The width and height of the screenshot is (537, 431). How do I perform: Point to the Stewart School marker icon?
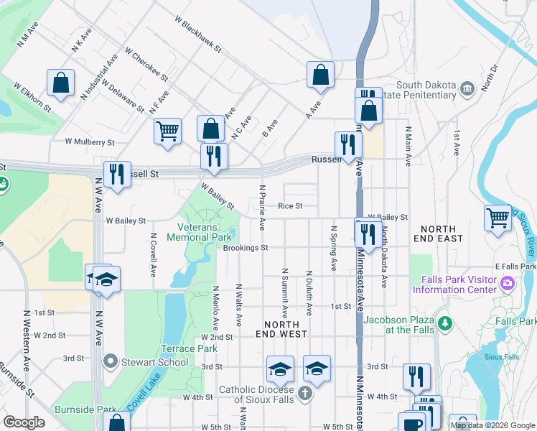click(111, 361)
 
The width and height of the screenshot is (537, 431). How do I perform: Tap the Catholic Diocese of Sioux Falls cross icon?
click(305, 393)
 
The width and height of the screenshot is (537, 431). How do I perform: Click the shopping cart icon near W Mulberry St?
click(167, 131)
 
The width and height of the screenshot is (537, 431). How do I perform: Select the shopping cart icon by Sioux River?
click(498, 218)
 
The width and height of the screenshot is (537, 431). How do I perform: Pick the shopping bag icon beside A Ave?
click(320, 74)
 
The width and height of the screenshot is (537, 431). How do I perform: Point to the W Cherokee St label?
click(146, 64)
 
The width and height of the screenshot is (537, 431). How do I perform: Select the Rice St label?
click(290, 206)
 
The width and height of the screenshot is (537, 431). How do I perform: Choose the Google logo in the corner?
click(24, 422)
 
